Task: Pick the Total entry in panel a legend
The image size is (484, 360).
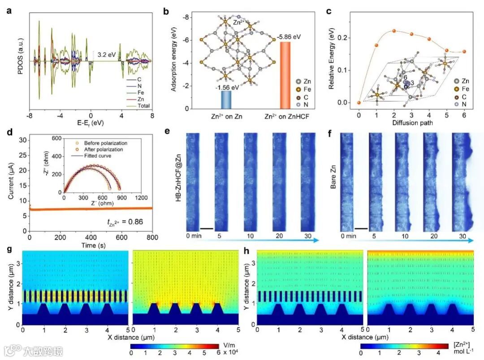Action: point(144,106)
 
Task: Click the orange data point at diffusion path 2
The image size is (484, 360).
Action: point(394,31)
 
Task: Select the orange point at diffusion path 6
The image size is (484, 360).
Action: point(464,52)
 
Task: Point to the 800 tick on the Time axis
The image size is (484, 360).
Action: point(152,237)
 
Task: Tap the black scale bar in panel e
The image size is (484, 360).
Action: point(206,229)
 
